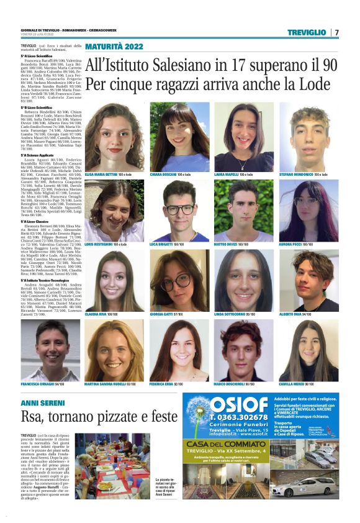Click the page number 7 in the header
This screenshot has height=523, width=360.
[337, 32]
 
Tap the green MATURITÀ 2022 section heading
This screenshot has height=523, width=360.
[114, 47]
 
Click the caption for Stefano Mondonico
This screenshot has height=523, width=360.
[312, 175]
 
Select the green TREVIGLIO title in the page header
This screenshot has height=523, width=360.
[307, 32]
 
